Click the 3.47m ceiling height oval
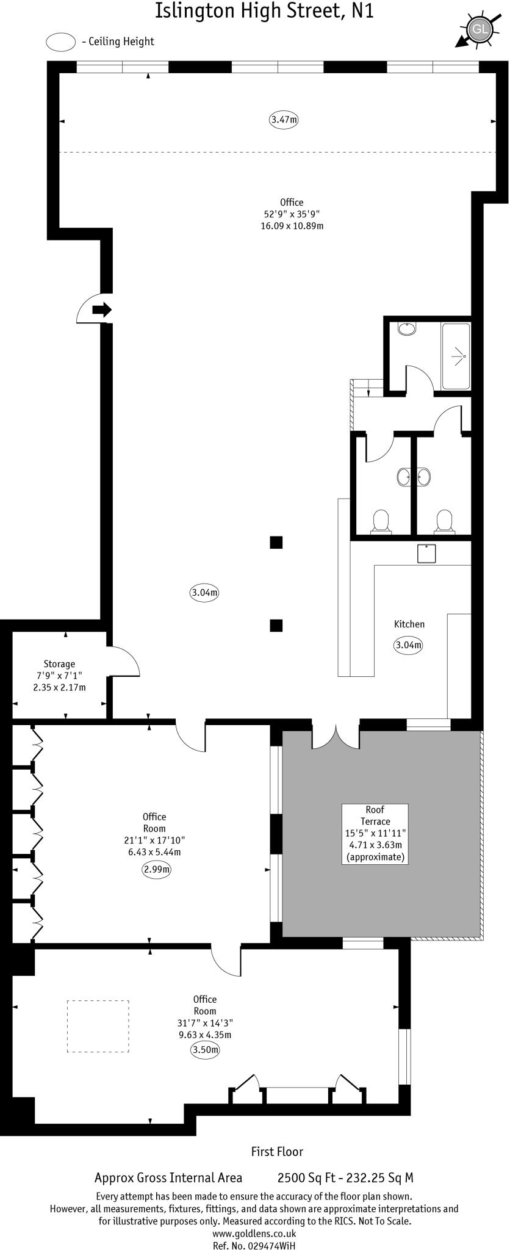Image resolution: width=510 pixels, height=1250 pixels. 284,120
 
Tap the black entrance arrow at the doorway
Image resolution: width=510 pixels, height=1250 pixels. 102,309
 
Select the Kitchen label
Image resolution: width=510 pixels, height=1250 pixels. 409,624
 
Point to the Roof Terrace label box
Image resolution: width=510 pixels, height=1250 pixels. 375,833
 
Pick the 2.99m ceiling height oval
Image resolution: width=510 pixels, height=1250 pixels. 156,870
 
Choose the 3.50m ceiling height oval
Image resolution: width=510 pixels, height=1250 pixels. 205,1050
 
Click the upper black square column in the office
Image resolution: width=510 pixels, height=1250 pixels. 276,542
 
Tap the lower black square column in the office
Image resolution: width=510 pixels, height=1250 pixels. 276,625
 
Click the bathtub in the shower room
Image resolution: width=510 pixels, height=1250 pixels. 456,356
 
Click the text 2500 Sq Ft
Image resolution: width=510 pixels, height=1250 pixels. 303,1178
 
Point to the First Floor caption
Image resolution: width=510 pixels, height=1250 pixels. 277,1152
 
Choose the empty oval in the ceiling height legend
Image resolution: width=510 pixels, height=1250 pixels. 60,42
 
